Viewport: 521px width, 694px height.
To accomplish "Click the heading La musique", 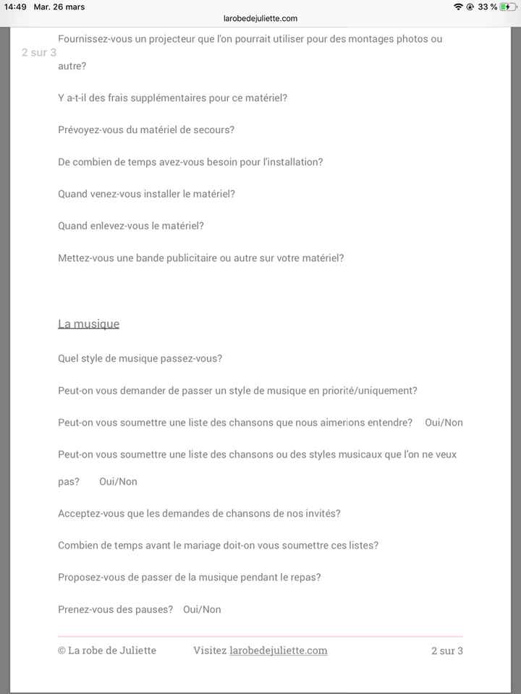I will click(x=88, y=323).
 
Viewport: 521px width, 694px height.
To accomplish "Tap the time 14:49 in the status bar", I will click(x=15, y=7).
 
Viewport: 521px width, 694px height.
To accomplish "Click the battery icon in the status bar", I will click(x=509, y=7).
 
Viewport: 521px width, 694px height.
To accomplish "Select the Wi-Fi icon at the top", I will click(x=458, y=7).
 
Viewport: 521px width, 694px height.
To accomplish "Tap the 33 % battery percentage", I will click(x=487, y=7).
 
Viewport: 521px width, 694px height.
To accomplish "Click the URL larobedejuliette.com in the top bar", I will click(x=260, y=18).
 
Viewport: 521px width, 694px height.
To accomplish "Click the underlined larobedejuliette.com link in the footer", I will click(x=278, y=651).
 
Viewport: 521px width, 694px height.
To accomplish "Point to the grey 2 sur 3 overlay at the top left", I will click(x=39, y=53).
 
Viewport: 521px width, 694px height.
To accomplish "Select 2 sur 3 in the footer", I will click(x=446, y=651).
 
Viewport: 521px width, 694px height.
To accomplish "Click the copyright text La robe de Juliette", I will click(x=107, y=651).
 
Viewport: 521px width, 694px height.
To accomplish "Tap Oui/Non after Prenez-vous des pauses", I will click(x=202, y=609).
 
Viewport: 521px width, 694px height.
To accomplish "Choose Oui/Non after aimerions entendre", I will click(x=444, y=423).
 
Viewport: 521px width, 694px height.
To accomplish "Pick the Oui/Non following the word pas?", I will click(x=118, y=481).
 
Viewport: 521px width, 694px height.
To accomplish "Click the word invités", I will click(x=318, y=513).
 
